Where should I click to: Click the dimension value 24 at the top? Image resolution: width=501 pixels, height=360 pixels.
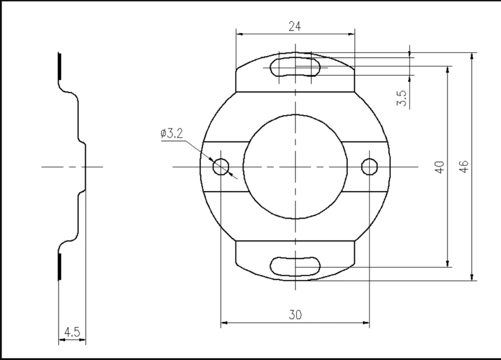[x=295, y=26]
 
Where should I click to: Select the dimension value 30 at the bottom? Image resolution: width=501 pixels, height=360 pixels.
[x=295, y=314]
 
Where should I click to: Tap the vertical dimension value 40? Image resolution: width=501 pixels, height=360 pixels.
[x=440, y=166]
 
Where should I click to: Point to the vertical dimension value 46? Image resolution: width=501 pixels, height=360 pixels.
[x=464, y=166]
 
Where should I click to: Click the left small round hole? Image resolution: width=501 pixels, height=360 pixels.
[x=221, y=166]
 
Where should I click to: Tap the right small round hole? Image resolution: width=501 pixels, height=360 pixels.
[x=369, y=166]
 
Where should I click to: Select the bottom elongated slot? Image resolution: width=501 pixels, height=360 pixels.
[x=296, y=266]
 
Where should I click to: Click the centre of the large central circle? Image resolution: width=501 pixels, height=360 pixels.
[x=296, y=166]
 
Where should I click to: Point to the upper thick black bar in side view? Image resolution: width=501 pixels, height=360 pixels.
[x=60, y=66]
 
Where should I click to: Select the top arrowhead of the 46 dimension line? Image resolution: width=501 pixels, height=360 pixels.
[x=472, y=56]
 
